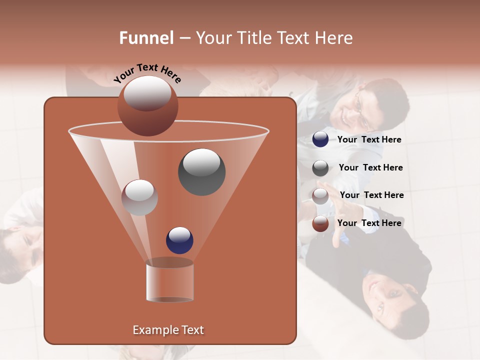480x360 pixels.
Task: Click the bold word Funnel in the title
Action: point(146,38)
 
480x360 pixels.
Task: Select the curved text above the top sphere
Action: point(147,73)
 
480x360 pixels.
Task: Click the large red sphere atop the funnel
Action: point(148,105)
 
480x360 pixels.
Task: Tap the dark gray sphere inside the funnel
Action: point(201,171)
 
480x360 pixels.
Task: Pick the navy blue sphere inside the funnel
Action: point(179,240)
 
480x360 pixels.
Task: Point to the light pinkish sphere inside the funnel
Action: point(139,197)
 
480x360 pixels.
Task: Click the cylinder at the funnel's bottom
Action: point(169,280)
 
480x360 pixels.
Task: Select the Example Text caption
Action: point(168,330)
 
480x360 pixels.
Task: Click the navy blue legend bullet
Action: point(320,139)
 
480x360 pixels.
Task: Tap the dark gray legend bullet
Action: point(320,168)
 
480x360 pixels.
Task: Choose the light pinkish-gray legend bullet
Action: point(320,195)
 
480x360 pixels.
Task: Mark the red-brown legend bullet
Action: point(320,223)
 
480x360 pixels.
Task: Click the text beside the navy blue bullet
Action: point(369,139)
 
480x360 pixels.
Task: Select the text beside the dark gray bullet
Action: point(370,167)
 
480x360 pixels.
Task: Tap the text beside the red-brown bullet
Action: point(369,223)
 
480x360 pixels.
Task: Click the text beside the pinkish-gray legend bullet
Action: point(371,195)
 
